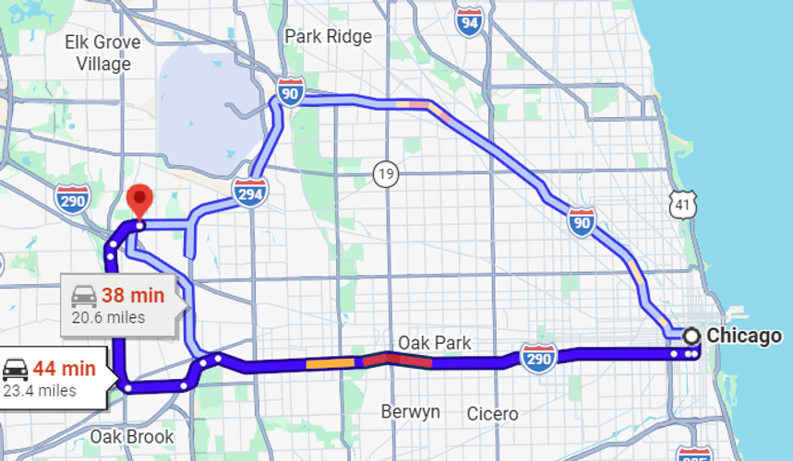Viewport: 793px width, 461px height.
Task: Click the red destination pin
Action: [138, 198]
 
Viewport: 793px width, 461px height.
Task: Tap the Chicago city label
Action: [744, 336]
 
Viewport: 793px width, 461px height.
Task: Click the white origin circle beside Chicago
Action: [691, 336]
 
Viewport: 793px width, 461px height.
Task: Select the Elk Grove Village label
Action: [102, 53]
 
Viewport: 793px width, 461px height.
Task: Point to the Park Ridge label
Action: [328, 37]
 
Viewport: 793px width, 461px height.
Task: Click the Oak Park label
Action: [434, 343]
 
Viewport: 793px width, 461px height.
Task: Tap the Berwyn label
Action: [410, 411]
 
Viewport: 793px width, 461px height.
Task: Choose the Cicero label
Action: [492, 413]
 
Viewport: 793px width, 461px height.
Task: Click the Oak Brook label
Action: [131, 435]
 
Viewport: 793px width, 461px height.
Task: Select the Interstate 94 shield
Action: [469, 19]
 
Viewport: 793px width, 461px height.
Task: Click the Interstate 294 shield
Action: [249, 192]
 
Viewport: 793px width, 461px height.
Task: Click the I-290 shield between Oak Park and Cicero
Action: [538, 358]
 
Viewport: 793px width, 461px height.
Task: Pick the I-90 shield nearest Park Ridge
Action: [291, 92]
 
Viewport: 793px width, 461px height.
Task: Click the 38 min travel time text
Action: [133, 296]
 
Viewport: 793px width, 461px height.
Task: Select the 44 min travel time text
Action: [64, 369]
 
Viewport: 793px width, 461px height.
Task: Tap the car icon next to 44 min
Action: [15, 370]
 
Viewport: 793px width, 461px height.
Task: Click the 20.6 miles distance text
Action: [108, 317]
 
